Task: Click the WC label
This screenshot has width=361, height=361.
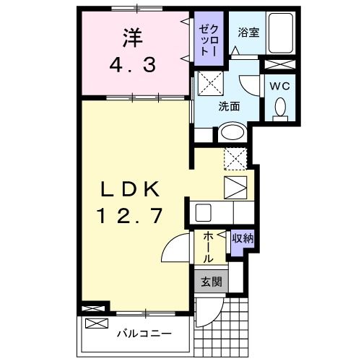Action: tap(279, 85)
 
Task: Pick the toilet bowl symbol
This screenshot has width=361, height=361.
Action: tap(279, 109)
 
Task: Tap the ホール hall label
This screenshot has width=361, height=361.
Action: tap(207, 247)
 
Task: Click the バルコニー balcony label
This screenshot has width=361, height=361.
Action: tap(144, 334)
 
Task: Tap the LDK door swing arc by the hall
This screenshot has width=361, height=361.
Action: tap(173, 250)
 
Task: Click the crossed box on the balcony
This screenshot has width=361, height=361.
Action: tap(95, 309)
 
